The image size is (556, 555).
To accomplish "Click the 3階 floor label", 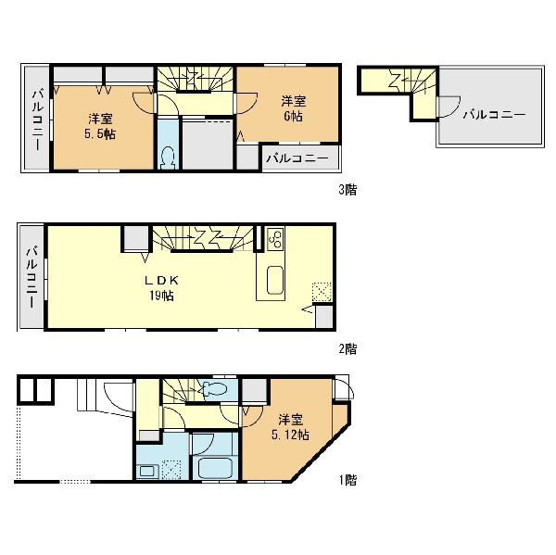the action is (347, 190).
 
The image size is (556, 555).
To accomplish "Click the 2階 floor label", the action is (347, 349).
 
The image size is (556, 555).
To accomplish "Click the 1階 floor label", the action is (347, 480).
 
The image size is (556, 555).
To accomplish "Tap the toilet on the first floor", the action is (214, 388).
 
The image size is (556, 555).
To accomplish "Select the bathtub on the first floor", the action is (215, 468).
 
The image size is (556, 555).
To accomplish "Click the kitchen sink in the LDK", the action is (275, 280).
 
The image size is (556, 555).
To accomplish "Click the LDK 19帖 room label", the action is (161, 287).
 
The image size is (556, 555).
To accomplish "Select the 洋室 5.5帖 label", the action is (100, 126).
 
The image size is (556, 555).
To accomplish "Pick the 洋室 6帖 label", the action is (293, 108).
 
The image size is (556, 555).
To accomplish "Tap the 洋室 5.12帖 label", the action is (290, 427).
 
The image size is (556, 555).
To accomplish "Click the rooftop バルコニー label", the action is (494, 115).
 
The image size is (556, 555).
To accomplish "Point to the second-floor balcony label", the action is (32, 277).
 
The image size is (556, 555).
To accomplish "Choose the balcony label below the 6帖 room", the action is (297, 158).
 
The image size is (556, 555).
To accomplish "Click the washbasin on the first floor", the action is (146, 471).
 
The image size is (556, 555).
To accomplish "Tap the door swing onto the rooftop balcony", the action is (449, 107).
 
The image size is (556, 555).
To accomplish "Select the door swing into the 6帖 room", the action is (246, 103).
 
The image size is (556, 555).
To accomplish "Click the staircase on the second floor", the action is (204, 239).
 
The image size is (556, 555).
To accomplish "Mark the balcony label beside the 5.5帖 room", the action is (37, 120).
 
